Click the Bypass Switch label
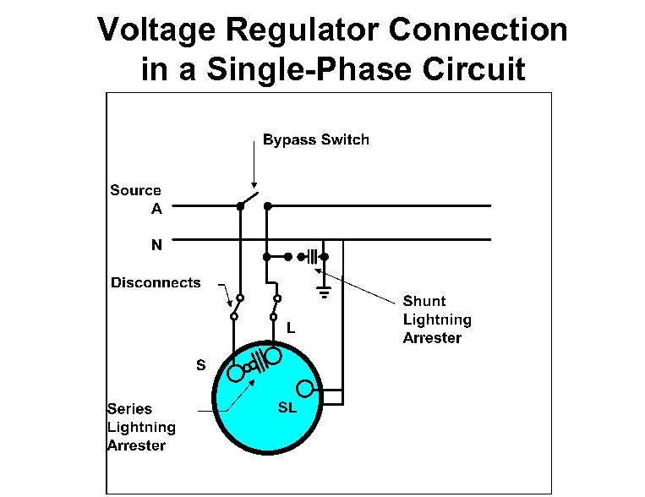(x=316, y=139)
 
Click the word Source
(x=135, y=191)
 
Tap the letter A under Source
(x=156, y=209)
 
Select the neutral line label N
(x=156, y=246)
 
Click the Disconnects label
(x=156, y=282)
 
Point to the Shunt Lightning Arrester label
(x=436, y=319)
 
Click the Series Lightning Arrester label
(x=141, y=427)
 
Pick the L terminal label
(x=290, y=327)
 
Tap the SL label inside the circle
(x=287, y=407)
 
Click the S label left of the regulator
(x=200, y=366)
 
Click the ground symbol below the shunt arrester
(x=323, y=293)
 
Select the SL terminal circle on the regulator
(x=307, y=389)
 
